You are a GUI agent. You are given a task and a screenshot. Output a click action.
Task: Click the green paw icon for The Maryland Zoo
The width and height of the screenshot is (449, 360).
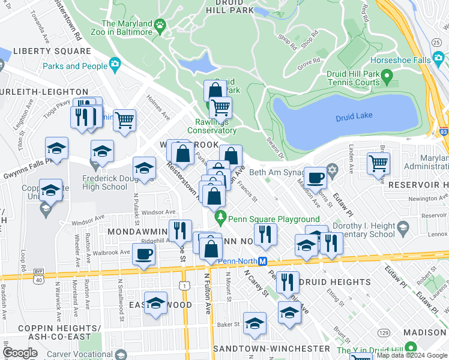tap(160, 25)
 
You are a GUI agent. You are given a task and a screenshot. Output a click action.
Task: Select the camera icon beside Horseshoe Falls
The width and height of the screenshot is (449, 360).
tap(439, 59)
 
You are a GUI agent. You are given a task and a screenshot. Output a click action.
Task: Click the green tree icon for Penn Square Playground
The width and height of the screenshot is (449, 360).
tap(221, 216)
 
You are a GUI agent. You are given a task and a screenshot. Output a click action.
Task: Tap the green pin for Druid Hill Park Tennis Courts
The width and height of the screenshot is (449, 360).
tap(388, 76)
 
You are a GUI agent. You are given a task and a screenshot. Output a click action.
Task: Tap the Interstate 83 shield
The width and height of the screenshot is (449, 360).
tap(444, 130)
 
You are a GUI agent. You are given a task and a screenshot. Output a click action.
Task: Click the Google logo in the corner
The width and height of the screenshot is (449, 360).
tap(20, 353)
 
